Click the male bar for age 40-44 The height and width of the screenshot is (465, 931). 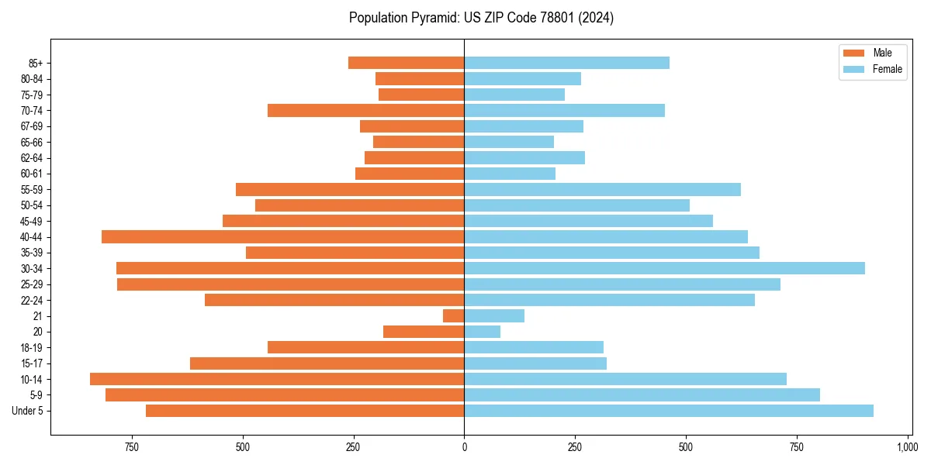pos(282,236)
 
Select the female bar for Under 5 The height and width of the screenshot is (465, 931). pos(668,411)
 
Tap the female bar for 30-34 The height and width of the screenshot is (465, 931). pos(664,268)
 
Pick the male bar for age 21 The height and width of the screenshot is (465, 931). pos(454,315)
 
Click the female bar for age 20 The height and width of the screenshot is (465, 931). pos(482,332)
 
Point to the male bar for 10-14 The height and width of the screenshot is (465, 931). pos(277,379)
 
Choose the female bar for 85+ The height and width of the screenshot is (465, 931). pos(566,63)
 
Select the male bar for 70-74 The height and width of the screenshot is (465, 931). pos(365,110)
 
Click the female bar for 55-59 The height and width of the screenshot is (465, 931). pos(602,189)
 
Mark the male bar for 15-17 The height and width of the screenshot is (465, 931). pos(327,363)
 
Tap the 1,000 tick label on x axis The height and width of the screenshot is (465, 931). pos(907,447)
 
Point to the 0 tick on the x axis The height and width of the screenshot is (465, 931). pos(464,447)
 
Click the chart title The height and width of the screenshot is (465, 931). pos(481,18)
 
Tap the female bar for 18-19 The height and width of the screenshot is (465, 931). pos(533,347)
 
